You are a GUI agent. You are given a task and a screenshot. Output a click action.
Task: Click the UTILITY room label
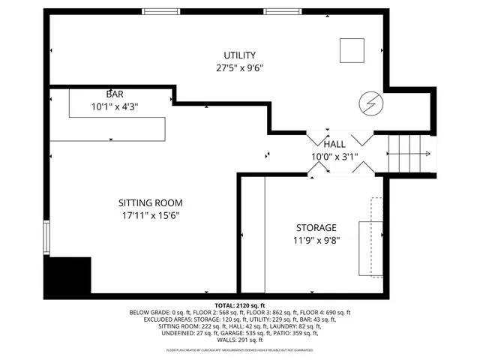tap(239, 55)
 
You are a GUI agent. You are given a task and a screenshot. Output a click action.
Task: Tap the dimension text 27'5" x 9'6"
tap(239, 67)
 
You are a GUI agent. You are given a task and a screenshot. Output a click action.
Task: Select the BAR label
tap(115, 94)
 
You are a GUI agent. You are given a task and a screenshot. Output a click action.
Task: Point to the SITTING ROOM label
tap(150, 202)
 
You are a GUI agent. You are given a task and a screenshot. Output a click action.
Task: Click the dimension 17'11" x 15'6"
tap(150, 215)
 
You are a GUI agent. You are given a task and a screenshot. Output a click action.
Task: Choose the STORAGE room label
tap(316, 227)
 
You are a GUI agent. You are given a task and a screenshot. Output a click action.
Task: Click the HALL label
tap(334, 144)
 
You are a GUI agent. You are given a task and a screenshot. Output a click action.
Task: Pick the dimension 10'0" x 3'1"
tap(334, 157)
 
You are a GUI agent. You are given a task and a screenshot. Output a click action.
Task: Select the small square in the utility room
tap(352, 50)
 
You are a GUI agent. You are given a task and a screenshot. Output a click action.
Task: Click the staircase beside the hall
tap(409, 154)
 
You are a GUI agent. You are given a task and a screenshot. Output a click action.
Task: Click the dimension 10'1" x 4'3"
tap(115, 106)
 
